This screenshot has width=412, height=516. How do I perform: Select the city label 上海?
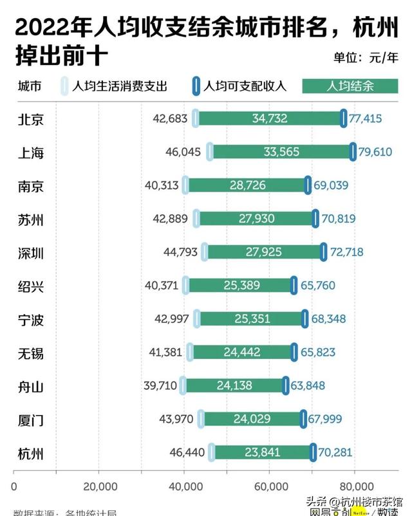click(x=31, y=152)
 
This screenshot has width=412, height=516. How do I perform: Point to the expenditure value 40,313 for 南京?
click(x=162, y=185)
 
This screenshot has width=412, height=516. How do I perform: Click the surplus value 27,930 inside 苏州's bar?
click(x=256, y=219)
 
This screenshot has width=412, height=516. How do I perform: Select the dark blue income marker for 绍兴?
click(x=294, y=285)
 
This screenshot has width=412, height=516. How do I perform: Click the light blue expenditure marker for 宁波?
click(x=197, y=318)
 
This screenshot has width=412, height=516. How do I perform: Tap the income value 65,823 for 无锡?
click(x=317, y=352)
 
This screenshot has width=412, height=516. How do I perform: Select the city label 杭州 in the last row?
click(x=31, y=452)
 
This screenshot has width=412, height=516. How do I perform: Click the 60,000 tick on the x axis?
click(x=270, y=486)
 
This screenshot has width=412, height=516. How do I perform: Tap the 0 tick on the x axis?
click(x=14, y=486)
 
